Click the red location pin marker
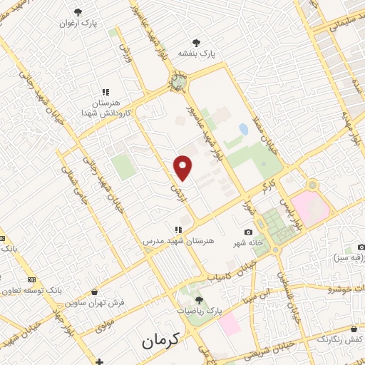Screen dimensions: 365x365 click(x=183, y=168)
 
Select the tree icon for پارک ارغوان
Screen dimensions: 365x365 click(x=78, y=12)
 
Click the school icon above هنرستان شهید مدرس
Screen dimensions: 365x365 click(x=178, y=230)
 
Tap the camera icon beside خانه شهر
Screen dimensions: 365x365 click(x=248, y=232)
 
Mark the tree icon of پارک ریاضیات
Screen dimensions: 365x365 click(x=199, y=300)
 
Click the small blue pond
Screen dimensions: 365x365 click(x=244, y=130)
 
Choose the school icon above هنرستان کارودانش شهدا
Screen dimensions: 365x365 click(x=106, y=92)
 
